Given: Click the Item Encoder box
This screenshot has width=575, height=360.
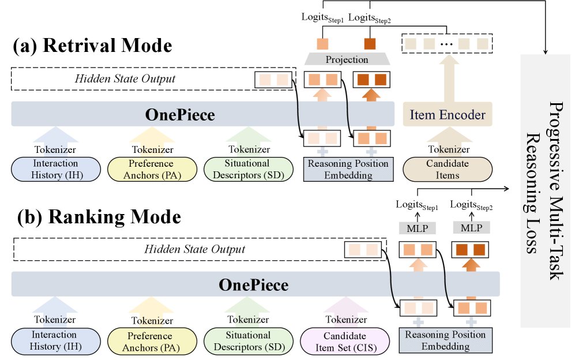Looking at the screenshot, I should pyautogui.click(x=448, y=115).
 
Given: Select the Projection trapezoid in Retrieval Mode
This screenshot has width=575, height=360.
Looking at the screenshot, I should pyautogui.click(x=347, y=59).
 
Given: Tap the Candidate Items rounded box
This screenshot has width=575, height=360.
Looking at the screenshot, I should pyautogui.click(x=448, y=168).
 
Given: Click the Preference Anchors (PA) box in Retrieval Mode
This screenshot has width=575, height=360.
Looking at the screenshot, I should pyautogui.click(x=148, y=169).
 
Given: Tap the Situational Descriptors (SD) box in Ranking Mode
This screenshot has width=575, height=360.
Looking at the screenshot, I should pyautogui.click(x=248, y=340).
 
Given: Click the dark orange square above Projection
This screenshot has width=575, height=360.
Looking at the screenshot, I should pyautogui.click(x=370, y=43).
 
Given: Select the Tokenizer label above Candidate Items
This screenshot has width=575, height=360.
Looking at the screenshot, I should pyautogui.click(x=448, y=149).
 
